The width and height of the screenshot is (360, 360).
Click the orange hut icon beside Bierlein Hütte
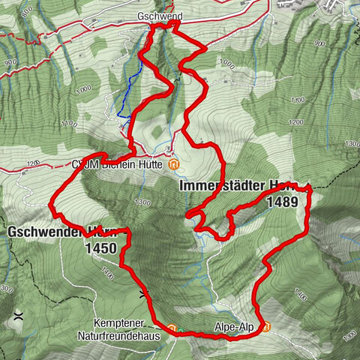[x=173, y=164]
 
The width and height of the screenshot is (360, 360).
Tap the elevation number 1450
[x=100, y=247]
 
